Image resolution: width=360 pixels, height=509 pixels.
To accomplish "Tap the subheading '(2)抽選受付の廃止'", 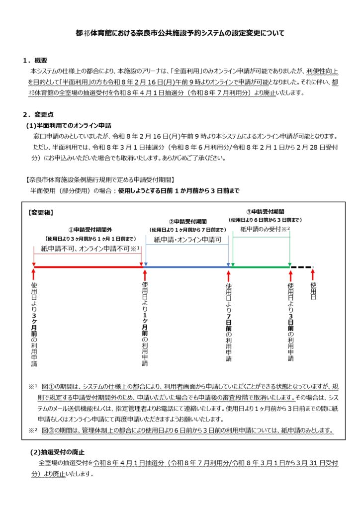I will pyautogui.click(x=57, y=452).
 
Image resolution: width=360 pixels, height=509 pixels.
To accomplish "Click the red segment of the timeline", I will pyautogui.click(x=88, y=267).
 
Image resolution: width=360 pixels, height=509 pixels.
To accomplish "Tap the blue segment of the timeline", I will pyautogui.click(x=186, y=267).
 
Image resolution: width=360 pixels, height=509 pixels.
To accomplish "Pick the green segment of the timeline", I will pyautogui.click(x=261, y=267).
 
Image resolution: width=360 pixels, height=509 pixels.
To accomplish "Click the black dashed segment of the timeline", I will pyautogui.click(x=302, y=267).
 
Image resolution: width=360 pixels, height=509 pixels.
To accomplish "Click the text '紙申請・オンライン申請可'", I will pyautogui.click(x=186, y=240).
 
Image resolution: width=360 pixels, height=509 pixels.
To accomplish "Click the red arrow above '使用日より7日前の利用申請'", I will pyautogui.click(x=228, y=275).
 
